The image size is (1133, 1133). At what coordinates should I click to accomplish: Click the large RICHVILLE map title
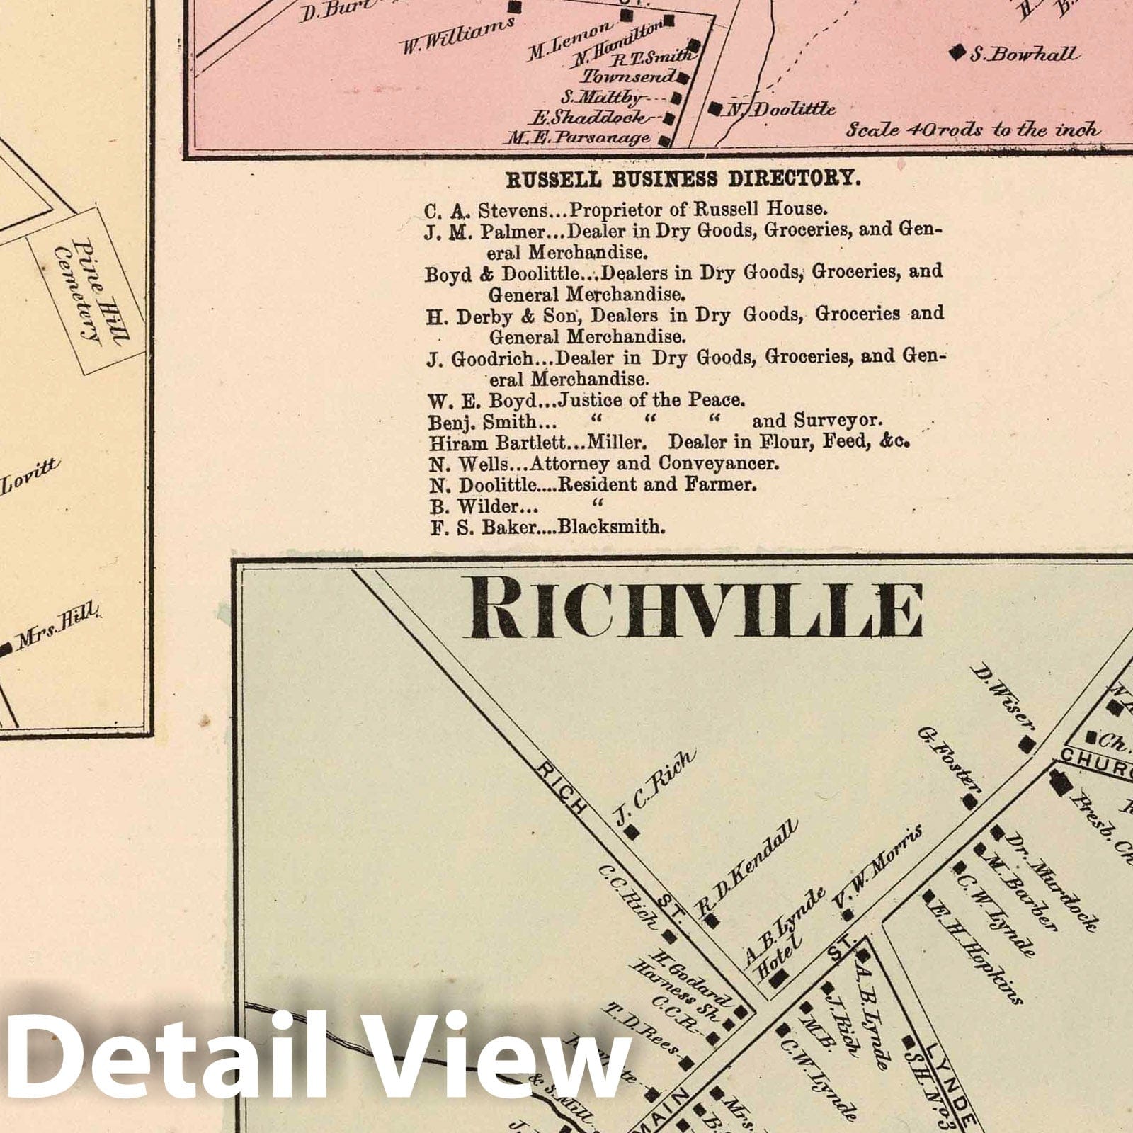pyautogui.click(x=693, y=610)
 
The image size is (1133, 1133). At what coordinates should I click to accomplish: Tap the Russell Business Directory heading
pyautogui.click(x=683, y=179)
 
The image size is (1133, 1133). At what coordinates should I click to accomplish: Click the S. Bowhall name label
pyautogui.click(x=1024, y=54)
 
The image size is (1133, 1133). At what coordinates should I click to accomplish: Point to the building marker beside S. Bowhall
pyautogui.click(x=957, y=52)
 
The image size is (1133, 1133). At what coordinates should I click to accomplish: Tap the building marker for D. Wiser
pyautogui.click(x=1025, y=746)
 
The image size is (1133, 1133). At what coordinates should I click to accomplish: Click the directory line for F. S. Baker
pyautogui.click(x=547, y=528)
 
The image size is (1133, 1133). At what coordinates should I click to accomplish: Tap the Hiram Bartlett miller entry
pyautogui.click(x=668, y=443)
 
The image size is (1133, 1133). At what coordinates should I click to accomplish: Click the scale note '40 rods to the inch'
pyautogui.click(x=974, y=130)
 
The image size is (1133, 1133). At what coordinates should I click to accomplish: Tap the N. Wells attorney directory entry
pyautogui.click(x=603, y=465)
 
